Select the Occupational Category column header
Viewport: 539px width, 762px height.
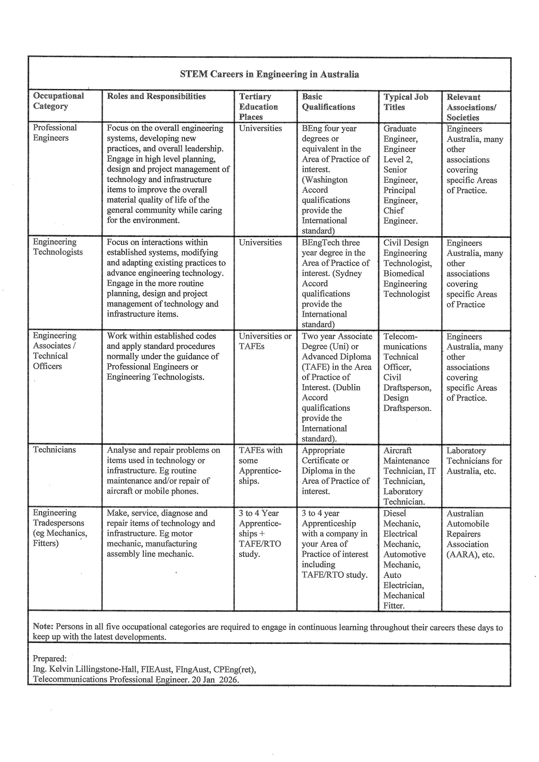tap(58, 101)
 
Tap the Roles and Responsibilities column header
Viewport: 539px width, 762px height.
tap(156, 96)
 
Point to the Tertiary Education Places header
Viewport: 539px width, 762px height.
tap(258, 107)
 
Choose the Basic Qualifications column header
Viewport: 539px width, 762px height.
tap(328, 102)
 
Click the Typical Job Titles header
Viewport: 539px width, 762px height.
tap(406, 102)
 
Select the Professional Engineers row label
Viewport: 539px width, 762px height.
tap(55, 133)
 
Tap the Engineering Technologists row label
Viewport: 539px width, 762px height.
tap(57, 247)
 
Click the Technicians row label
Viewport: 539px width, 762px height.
tap(54, 450)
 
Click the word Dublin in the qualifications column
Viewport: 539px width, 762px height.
tap(348, 387)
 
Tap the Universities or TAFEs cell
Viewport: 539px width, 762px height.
tap(265, 341)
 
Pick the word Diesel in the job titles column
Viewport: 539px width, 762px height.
tap(395, 513)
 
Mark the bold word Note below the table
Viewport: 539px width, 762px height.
tap(43, 627)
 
